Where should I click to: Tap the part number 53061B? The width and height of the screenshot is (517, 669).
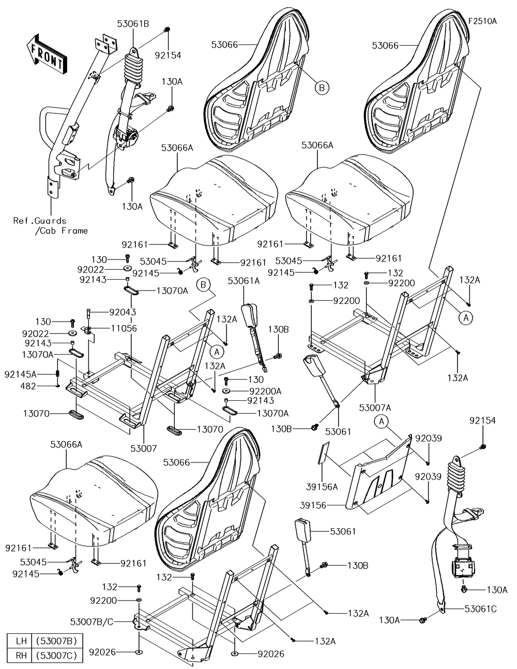point(133,23)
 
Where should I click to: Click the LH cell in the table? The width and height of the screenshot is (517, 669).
point(21,641)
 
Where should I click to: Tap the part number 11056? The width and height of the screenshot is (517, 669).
point(123,328)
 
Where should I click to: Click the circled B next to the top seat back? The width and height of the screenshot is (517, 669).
point(321,89)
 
